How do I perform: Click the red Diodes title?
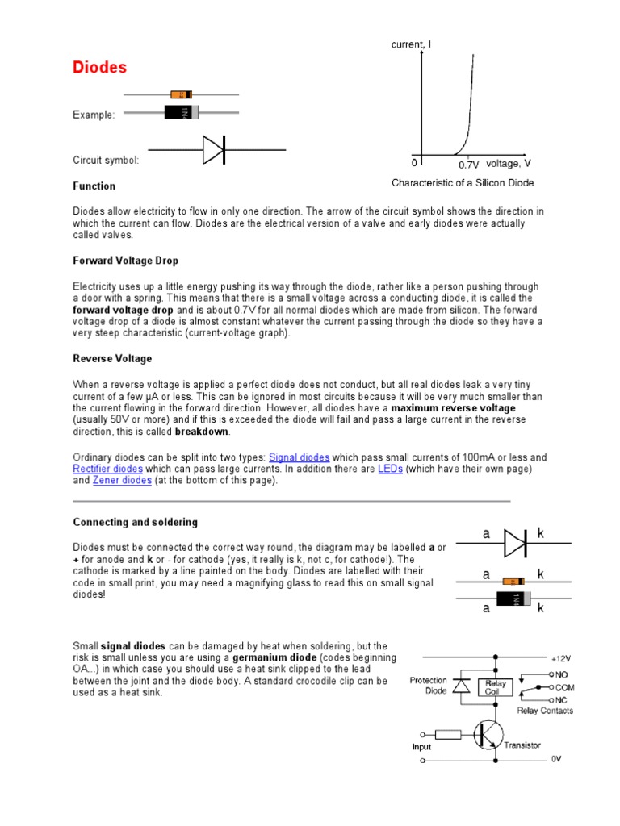pos(100,67)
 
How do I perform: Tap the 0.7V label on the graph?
pos(469,164)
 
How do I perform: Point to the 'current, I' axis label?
pos(412,45)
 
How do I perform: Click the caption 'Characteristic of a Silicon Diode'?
pos(463,183)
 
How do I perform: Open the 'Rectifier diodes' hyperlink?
pos(108,469)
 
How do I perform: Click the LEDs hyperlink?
pos(390,469)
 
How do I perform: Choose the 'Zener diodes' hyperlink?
pos(123,481)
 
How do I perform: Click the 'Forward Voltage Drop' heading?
pos(126,261)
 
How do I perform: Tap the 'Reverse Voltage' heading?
pos(112,358)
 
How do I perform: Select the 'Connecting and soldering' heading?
pos(136,523)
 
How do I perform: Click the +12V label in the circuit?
pos(560,657)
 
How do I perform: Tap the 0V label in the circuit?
pos(555,759)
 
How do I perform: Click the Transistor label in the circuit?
pos(522,745)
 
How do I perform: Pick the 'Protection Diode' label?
pos(428,686)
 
